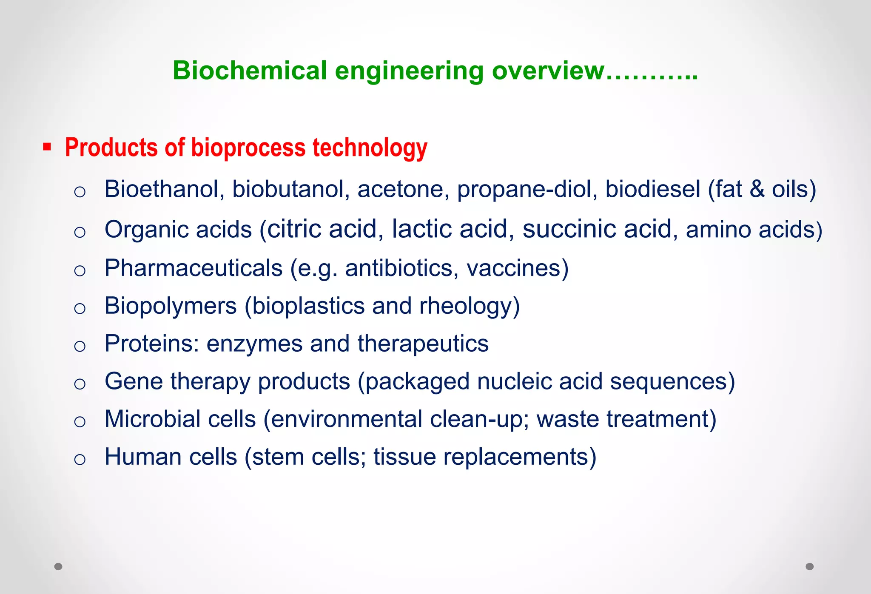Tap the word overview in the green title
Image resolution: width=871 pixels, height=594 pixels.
pos(548,71)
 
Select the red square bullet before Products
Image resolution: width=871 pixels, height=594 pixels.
pos(47,148)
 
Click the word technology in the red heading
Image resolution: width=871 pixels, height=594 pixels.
pos(370,148)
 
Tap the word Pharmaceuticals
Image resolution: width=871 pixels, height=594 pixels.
pos(194,268)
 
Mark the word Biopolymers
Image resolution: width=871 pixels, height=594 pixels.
pos(171,306)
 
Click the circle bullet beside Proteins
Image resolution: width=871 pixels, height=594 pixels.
pos(80,346)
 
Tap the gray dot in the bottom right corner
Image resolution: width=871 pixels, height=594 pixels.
pos(810,566)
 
